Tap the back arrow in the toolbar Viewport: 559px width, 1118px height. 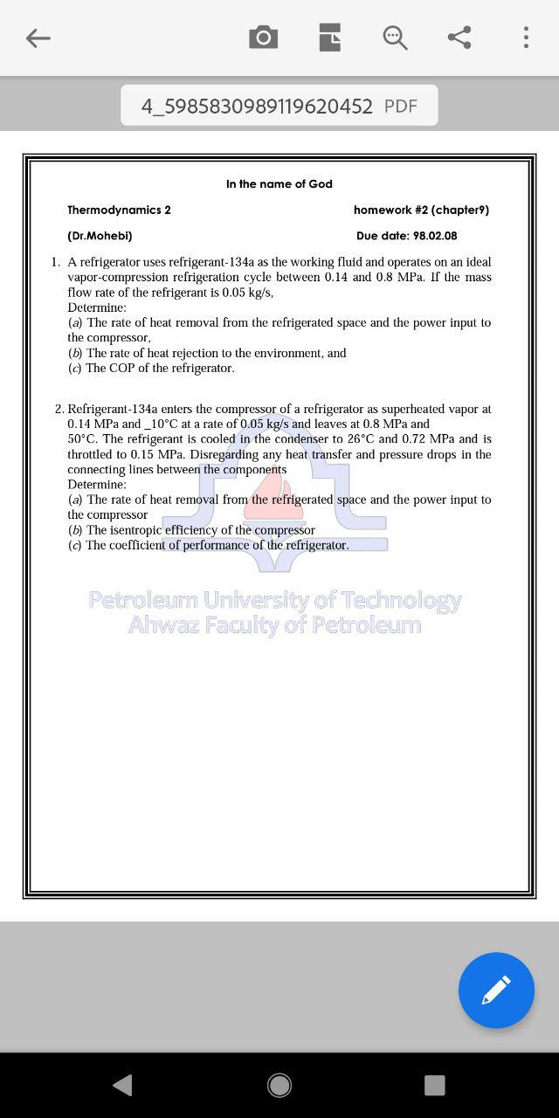coord(38,38)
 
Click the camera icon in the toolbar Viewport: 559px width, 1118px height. coord(263,38)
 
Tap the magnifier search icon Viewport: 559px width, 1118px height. coord(395,38)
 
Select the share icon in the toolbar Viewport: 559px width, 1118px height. coord(459,38)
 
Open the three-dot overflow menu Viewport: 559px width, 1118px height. coord(526,38)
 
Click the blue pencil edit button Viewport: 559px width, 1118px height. coord(496,990)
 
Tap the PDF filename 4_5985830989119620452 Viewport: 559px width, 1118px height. coord(257,106)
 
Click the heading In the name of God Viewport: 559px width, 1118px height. coord(279,183)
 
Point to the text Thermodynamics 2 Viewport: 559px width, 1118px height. coord(119,210)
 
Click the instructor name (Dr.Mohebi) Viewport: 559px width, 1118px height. coord(100,236)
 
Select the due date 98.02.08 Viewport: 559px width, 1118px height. coord(435,236)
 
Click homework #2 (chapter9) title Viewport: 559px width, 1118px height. coord(421,210)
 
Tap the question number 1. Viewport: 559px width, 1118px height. coord(55,262)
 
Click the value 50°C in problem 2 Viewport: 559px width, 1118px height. coord(83,439)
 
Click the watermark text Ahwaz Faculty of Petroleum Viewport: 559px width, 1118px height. coord(274,625)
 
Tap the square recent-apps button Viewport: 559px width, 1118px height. coord(434,1085)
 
